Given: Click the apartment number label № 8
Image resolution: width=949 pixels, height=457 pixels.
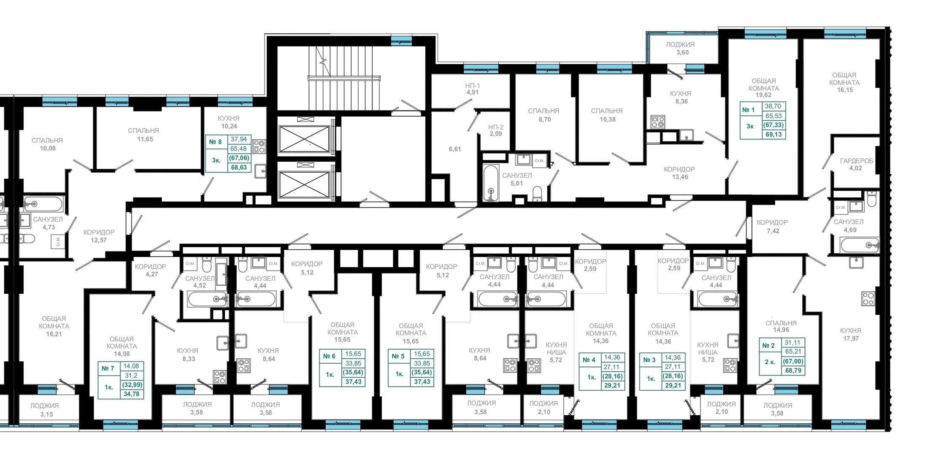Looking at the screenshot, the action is [x=215, y=142].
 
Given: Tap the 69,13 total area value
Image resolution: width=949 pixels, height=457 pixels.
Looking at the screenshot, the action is [x=773, y=135].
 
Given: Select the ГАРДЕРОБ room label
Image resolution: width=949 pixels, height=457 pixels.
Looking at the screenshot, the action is [x=856, y=161].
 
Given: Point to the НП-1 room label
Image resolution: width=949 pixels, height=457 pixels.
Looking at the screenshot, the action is [x=472, y=85].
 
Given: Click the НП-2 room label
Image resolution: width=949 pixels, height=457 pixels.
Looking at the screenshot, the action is [x=496, y=127].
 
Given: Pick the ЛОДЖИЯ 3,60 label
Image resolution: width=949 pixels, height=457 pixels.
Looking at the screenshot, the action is [x=680, y=48].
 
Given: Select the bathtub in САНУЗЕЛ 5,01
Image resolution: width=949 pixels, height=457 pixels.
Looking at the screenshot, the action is [x=490, y=183].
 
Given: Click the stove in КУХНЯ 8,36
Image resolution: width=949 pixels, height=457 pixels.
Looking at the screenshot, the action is [x=657, y=122].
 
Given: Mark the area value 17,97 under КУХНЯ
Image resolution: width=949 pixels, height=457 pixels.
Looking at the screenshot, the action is [x=851, y=338].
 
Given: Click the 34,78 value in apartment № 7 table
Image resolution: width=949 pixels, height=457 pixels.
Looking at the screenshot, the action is [x=131, y=394].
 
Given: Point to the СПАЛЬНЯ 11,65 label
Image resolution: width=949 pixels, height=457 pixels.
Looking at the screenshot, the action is [x=144, y=135].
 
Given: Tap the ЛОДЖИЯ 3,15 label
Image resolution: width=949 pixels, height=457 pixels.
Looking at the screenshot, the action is [x=45, y=410].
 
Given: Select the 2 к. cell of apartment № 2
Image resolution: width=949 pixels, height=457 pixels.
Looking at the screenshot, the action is [x=770, y=362].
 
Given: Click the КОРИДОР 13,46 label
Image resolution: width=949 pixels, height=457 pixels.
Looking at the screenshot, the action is [x=679, y=173].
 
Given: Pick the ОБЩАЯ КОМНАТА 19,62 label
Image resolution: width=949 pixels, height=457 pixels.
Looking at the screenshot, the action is [x=764, y=88].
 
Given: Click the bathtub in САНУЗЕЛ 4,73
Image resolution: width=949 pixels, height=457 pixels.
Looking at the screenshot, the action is [x=43, y=204].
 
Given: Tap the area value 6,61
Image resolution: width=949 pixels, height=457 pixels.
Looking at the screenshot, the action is [x=455, y=149].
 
